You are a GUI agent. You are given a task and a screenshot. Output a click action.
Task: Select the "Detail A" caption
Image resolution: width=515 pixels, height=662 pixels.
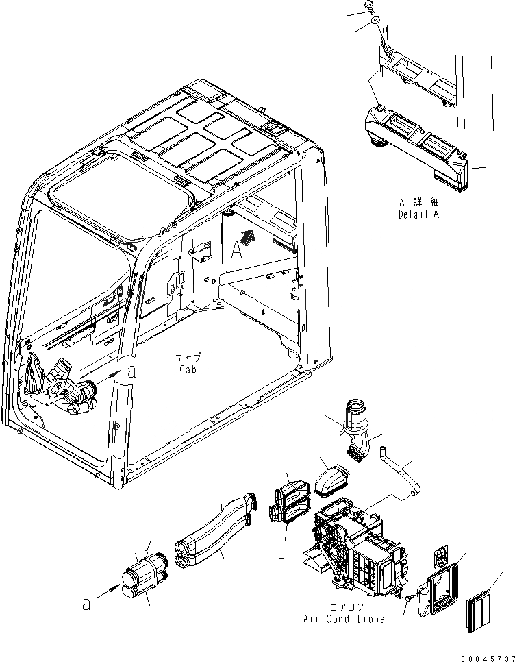click(420, 214)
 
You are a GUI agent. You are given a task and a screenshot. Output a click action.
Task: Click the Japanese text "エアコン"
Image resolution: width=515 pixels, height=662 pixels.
click(348, 606)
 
